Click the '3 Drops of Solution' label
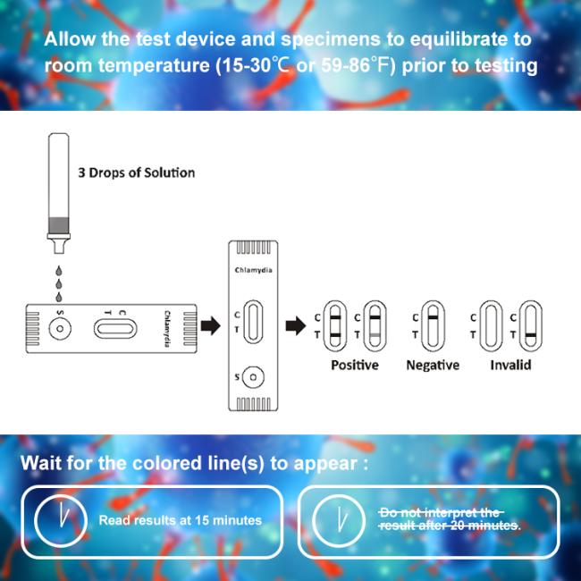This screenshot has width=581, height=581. [x=137, y=173]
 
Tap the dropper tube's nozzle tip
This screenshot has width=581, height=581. [x=59, y=252]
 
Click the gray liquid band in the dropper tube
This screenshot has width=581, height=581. [x=59, y=225]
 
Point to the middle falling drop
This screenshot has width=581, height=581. [x=58, y=284]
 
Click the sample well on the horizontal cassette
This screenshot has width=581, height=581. [x=60, y=328]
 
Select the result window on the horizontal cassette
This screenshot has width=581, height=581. [x=115, y=329]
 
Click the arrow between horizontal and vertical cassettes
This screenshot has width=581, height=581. [x=210, y=326]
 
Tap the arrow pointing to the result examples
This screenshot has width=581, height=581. [x=296, y=326]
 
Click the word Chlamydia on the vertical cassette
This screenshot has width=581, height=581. [x=254, y=270]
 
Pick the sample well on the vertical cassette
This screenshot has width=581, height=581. [x=253, y=377]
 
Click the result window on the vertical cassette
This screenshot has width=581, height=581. [x=253, y=322]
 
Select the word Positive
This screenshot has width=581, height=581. [x=355, y=365]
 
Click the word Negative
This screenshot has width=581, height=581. [x=433, y=365]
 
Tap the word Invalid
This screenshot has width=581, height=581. [x=510, y=365]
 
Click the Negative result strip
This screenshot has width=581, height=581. [x=433, y=326]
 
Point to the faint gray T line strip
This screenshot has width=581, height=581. [x=375, y=326]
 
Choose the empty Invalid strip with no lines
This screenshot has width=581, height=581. [x=491, y=326]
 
